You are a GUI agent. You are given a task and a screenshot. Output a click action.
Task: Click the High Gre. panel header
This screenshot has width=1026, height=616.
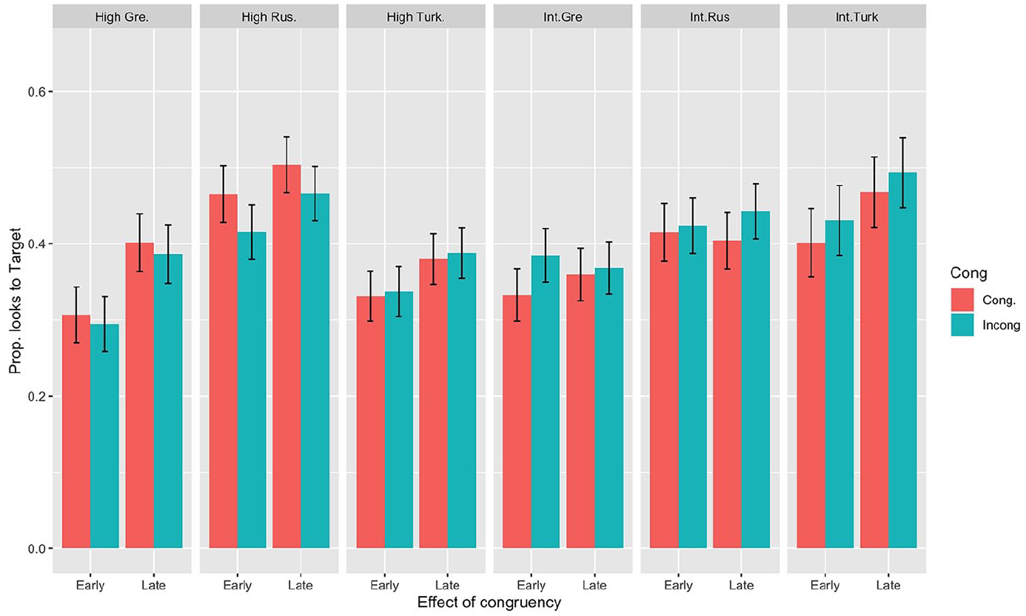pos(122,17)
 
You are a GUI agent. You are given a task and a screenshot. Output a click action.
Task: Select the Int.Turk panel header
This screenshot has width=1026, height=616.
pos(856,17)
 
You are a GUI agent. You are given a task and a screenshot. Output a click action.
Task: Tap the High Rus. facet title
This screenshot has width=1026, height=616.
pos(269,17)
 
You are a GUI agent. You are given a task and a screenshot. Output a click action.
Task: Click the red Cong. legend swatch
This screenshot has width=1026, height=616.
pos(962,300)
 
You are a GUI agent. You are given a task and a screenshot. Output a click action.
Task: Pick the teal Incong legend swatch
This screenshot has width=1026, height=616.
pos(962,325)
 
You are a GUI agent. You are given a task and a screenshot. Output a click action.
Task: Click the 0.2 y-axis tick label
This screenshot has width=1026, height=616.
pos(37,396)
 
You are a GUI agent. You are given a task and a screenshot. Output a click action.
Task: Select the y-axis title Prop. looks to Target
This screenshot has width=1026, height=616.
pos(15,301)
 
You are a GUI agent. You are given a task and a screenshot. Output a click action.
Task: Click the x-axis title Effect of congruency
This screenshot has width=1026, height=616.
pos(489,602)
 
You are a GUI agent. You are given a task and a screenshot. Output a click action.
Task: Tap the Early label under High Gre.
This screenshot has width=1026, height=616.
pos(90,586)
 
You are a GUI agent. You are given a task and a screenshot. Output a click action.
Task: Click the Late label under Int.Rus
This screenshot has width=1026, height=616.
pos(741,586)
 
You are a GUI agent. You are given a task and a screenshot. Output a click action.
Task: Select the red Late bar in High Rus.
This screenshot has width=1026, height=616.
pos(286,356)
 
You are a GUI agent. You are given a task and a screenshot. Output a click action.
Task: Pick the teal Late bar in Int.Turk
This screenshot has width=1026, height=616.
pos(902,361)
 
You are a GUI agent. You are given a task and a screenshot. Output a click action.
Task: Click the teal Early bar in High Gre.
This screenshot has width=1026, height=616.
pos(104,436)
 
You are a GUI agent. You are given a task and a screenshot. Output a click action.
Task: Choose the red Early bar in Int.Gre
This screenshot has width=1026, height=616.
pos(517,421)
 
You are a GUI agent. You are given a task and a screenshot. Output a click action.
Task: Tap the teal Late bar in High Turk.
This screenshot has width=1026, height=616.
pos(462,401)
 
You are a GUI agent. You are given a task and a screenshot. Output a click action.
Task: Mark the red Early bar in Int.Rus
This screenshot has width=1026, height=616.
pos(664,390)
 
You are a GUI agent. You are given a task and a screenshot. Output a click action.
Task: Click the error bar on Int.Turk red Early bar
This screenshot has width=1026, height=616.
pos(811,243)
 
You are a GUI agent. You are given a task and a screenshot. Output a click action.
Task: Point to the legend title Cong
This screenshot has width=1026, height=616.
pos(968,273)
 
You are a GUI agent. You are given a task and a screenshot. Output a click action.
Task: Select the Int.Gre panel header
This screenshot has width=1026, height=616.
pos(563,17)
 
